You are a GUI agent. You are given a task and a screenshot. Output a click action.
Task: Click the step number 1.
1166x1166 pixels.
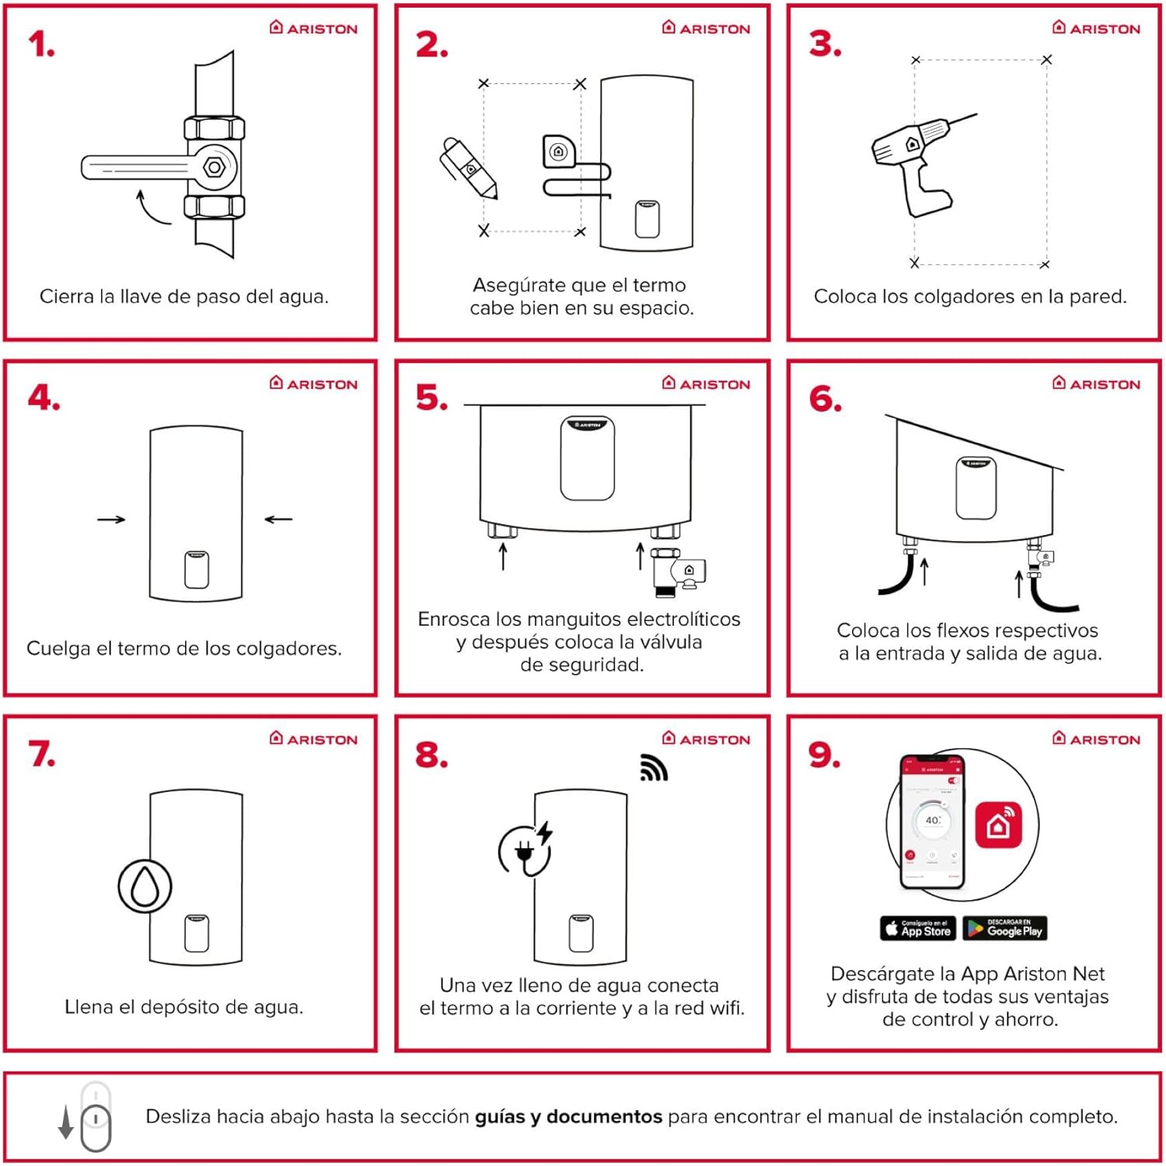click(41, 44)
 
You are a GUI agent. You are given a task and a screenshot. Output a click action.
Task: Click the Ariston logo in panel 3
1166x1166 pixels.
click(1096, 28)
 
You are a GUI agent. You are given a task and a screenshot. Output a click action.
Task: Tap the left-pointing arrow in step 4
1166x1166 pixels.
click(278, 519)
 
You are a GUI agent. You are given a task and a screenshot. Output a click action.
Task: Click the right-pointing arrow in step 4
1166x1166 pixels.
click(111, 519)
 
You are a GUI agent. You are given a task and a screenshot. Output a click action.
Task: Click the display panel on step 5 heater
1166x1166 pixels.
click(588, 458)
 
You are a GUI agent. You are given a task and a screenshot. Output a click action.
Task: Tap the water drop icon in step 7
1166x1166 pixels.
click(145, 886)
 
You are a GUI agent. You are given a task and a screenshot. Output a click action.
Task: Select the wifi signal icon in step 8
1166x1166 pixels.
click(653, 767)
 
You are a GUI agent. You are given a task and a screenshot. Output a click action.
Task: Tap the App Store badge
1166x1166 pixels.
click(918, 928)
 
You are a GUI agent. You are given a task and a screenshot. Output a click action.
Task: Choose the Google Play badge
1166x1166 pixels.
click(1005, 928)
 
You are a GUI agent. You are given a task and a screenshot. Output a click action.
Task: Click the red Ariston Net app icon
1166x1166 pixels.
click(998, 825)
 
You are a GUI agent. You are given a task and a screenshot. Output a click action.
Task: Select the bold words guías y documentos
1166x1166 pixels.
click(568, 1117)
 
